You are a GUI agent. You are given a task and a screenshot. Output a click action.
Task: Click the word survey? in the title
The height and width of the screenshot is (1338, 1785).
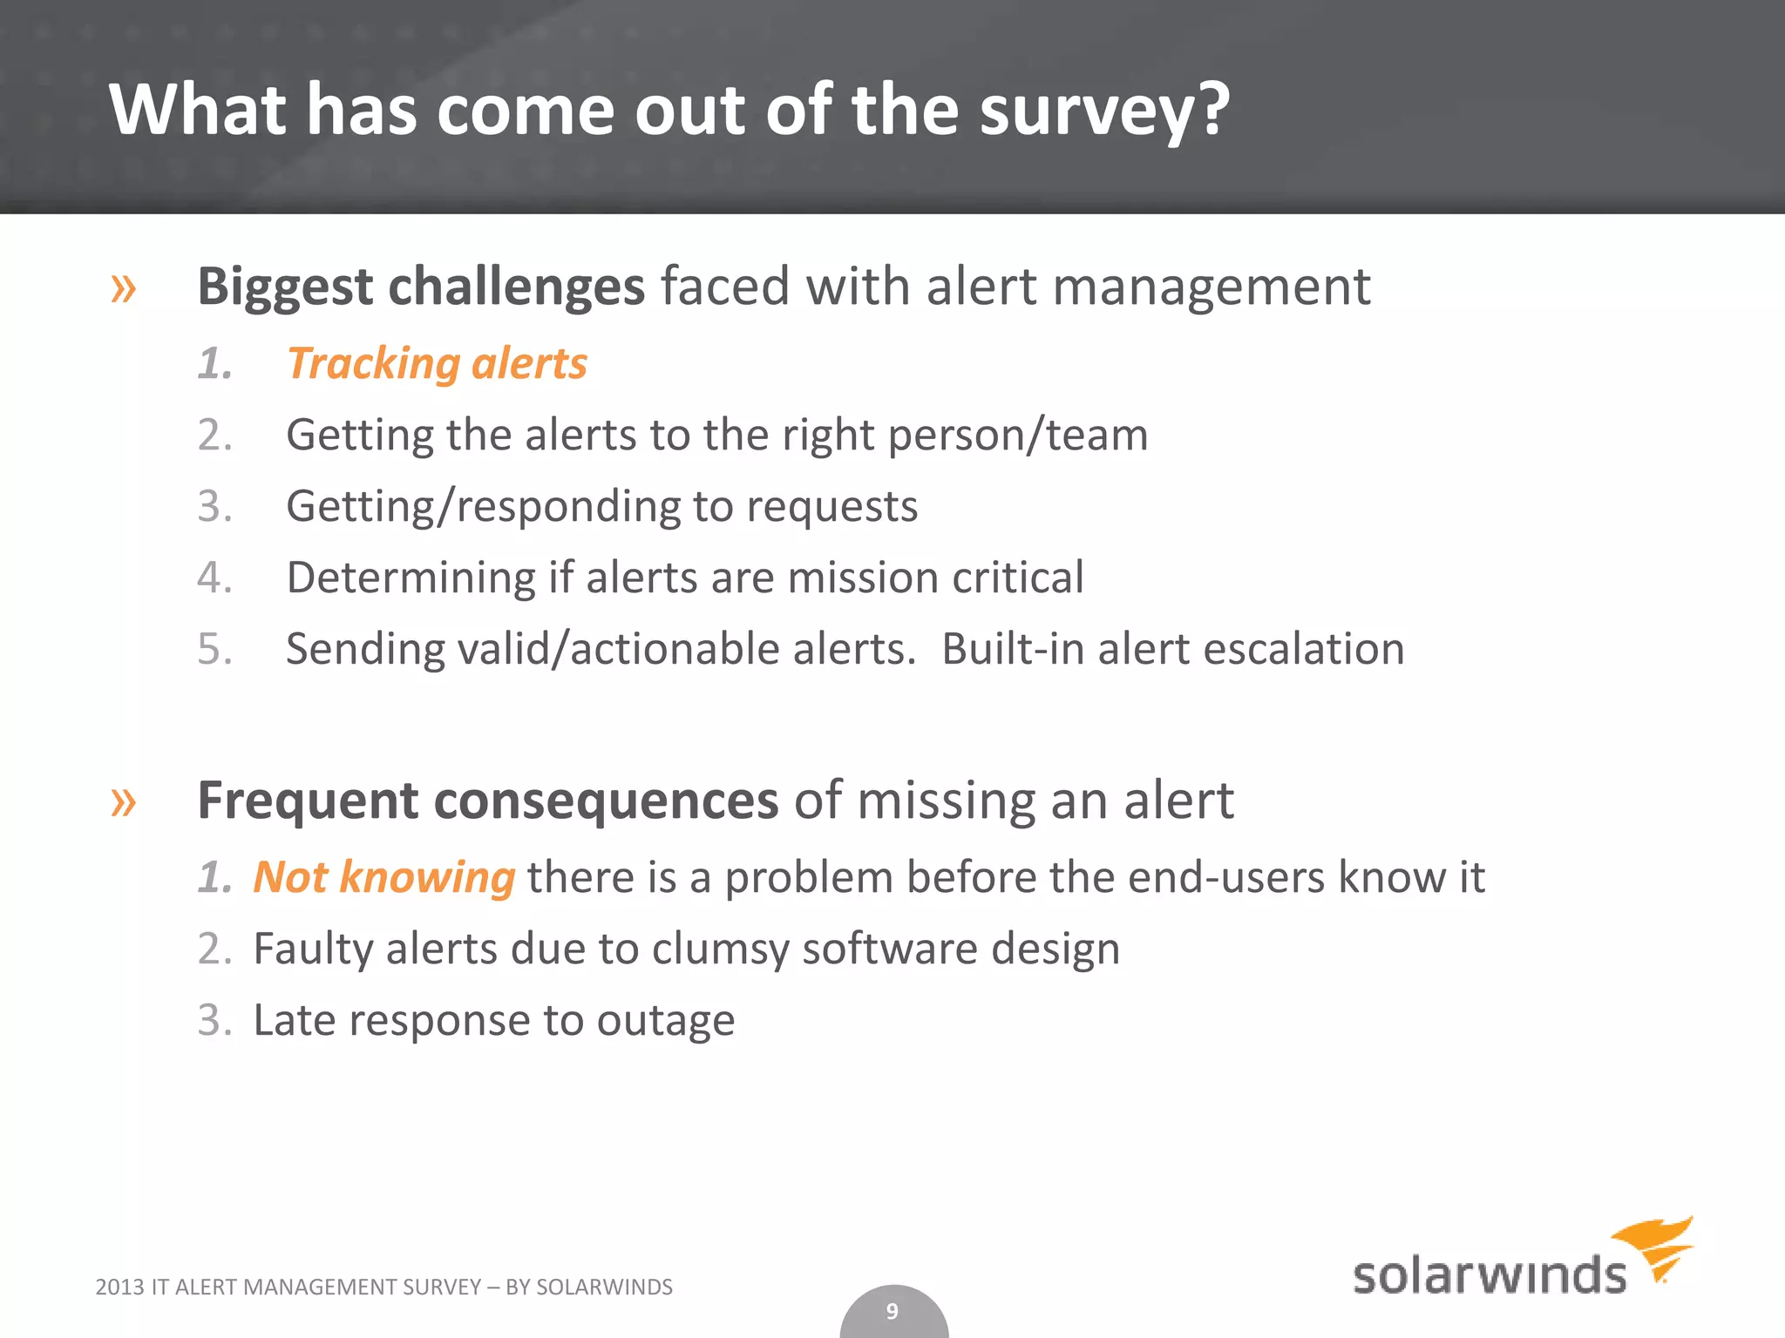1103,111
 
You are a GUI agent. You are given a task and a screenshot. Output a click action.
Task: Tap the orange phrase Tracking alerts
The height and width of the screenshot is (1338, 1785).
438,363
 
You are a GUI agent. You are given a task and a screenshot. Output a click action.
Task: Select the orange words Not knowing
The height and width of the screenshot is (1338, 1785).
383,876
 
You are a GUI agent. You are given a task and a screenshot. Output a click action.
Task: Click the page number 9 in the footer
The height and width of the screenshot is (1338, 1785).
892,1311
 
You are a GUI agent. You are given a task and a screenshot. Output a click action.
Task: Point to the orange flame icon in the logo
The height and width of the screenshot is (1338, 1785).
1656,1246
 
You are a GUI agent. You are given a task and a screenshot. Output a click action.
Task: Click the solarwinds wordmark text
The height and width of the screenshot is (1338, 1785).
1489,1275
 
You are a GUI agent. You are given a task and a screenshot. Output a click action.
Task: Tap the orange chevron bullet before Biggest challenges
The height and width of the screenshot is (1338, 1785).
123,287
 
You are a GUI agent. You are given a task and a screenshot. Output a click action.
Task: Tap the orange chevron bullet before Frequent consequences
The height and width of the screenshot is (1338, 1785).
123,801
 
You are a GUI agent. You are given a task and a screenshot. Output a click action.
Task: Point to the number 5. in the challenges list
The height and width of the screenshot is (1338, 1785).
214,649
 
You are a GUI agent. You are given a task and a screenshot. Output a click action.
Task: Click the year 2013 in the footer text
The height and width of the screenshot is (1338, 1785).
118,1287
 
